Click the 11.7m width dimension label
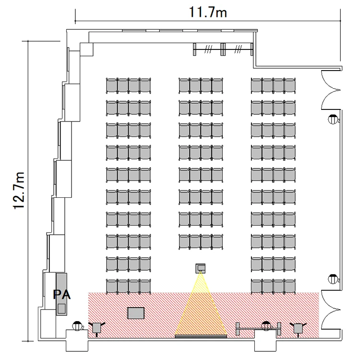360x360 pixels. [x=208, y=12]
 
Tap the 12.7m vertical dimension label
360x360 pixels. [x=19, y=191]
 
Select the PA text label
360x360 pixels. [x=61, y=295]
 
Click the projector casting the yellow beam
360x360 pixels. [x=201, y=268]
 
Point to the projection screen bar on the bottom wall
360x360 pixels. [x=201, y=336]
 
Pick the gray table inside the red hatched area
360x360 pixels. [x=136, y=313]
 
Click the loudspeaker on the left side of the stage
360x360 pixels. [x=97, y=328]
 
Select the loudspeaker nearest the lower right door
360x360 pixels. [x=298, y=328]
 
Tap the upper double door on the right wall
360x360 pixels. [x=330, y=90]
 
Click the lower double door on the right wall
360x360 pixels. [x=331, y=310]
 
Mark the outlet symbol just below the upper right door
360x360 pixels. [x=333, y=119]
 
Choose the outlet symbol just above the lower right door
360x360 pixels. [x=333, y=279]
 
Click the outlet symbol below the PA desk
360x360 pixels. [x=77, y=326]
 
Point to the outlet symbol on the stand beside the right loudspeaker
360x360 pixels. [x=266, y=326]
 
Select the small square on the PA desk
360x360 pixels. [x=61, y=308]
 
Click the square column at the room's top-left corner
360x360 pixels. [x=86, y=49]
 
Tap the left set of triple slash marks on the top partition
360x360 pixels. [x=208, y=49]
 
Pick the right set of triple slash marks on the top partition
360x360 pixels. [x=238, y=49]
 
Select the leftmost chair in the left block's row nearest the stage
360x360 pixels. [x=112, y=286]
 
